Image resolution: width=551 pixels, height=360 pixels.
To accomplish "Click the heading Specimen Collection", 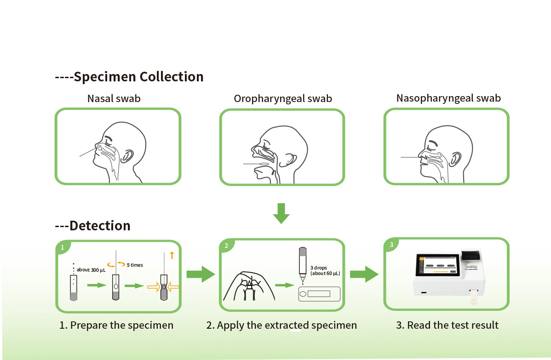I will pos(138,77).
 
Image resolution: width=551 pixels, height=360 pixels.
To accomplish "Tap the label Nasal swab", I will pos(114,98).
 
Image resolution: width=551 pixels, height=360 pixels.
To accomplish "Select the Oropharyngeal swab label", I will pos(283,99).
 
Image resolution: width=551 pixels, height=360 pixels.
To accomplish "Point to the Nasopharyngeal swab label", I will pos(448,98).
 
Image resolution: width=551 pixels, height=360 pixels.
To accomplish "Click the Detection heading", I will pos(99,226).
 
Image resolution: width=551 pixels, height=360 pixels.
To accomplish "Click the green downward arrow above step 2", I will pos(281,212).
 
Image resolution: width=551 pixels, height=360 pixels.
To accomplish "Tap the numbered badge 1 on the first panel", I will pos(63,247).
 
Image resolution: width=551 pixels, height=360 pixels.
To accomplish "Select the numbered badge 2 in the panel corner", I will pos(226,246).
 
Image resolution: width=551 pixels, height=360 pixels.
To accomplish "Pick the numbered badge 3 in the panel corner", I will pos(391,245).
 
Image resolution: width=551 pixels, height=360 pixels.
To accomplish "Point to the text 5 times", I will pos(135,265).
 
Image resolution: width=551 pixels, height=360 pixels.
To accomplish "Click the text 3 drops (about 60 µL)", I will pos(325,270).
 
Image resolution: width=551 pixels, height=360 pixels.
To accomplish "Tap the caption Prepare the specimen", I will pos(116,326).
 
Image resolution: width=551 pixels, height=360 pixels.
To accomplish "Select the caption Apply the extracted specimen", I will pos(281,326).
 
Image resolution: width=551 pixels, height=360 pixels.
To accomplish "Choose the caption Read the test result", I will pos(447,326).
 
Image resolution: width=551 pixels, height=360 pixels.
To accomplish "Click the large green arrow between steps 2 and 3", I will pos(364,274).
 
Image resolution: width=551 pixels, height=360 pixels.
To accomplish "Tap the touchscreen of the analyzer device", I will pos(439,266).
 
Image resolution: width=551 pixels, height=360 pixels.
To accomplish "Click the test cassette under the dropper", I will pos(319,294).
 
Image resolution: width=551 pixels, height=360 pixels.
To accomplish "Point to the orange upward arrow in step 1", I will pos(172,255).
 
